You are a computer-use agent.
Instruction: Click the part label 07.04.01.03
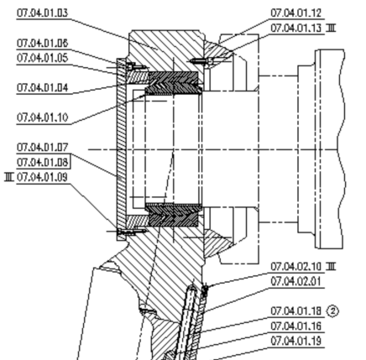tap(42, 13)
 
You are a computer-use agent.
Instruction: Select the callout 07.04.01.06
tap(42, 44)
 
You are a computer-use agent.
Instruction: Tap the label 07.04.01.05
tap(42, 58)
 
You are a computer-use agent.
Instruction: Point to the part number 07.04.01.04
tap(42, 88)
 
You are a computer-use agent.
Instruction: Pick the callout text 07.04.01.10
tap(42, 117)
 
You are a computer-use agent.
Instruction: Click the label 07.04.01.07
tap(42, 147)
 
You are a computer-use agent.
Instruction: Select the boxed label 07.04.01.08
tap(42, 162)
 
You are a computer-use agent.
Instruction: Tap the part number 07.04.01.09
tap(42, 177)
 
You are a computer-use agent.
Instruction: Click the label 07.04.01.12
tap(296, 13)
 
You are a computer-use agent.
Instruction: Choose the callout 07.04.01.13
tap(296, 28)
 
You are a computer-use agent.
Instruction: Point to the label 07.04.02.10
tap(296, 267)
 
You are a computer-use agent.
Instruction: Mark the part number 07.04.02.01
tap(296, 281)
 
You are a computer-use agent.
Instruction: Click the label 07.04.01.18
tap(296, 311)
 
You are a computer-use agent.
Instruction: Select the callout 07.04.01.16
tap(296, 326)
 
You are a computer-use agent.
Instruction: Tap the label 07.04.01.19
tap(296, 341)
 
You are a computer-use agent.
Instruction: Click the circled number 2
tap(332, 311)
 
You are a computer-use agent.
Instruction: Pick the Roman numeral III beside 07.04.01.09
tap(9, 177)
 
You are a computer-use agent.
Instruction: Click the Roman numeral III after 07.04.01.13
tap(331, 28)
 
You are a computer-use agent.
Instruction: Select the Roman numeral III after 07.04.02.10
tap(331, 267)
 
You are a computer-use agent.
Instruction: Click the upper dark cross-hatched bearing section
tap(174, 83)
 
